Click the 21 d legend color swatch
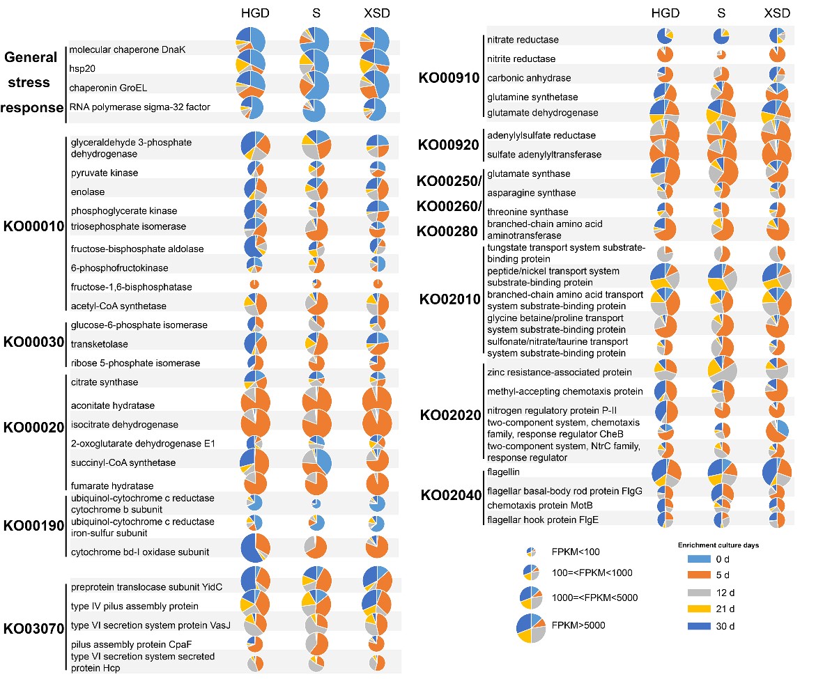(698, 609)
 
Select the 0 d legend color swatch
(698, 559)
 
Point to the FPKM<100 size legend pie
(532, 552)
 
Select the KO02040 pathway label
(451, 495)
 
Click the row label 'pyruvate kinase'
(105, 172)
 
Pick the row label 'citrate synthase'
(105, 382)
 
